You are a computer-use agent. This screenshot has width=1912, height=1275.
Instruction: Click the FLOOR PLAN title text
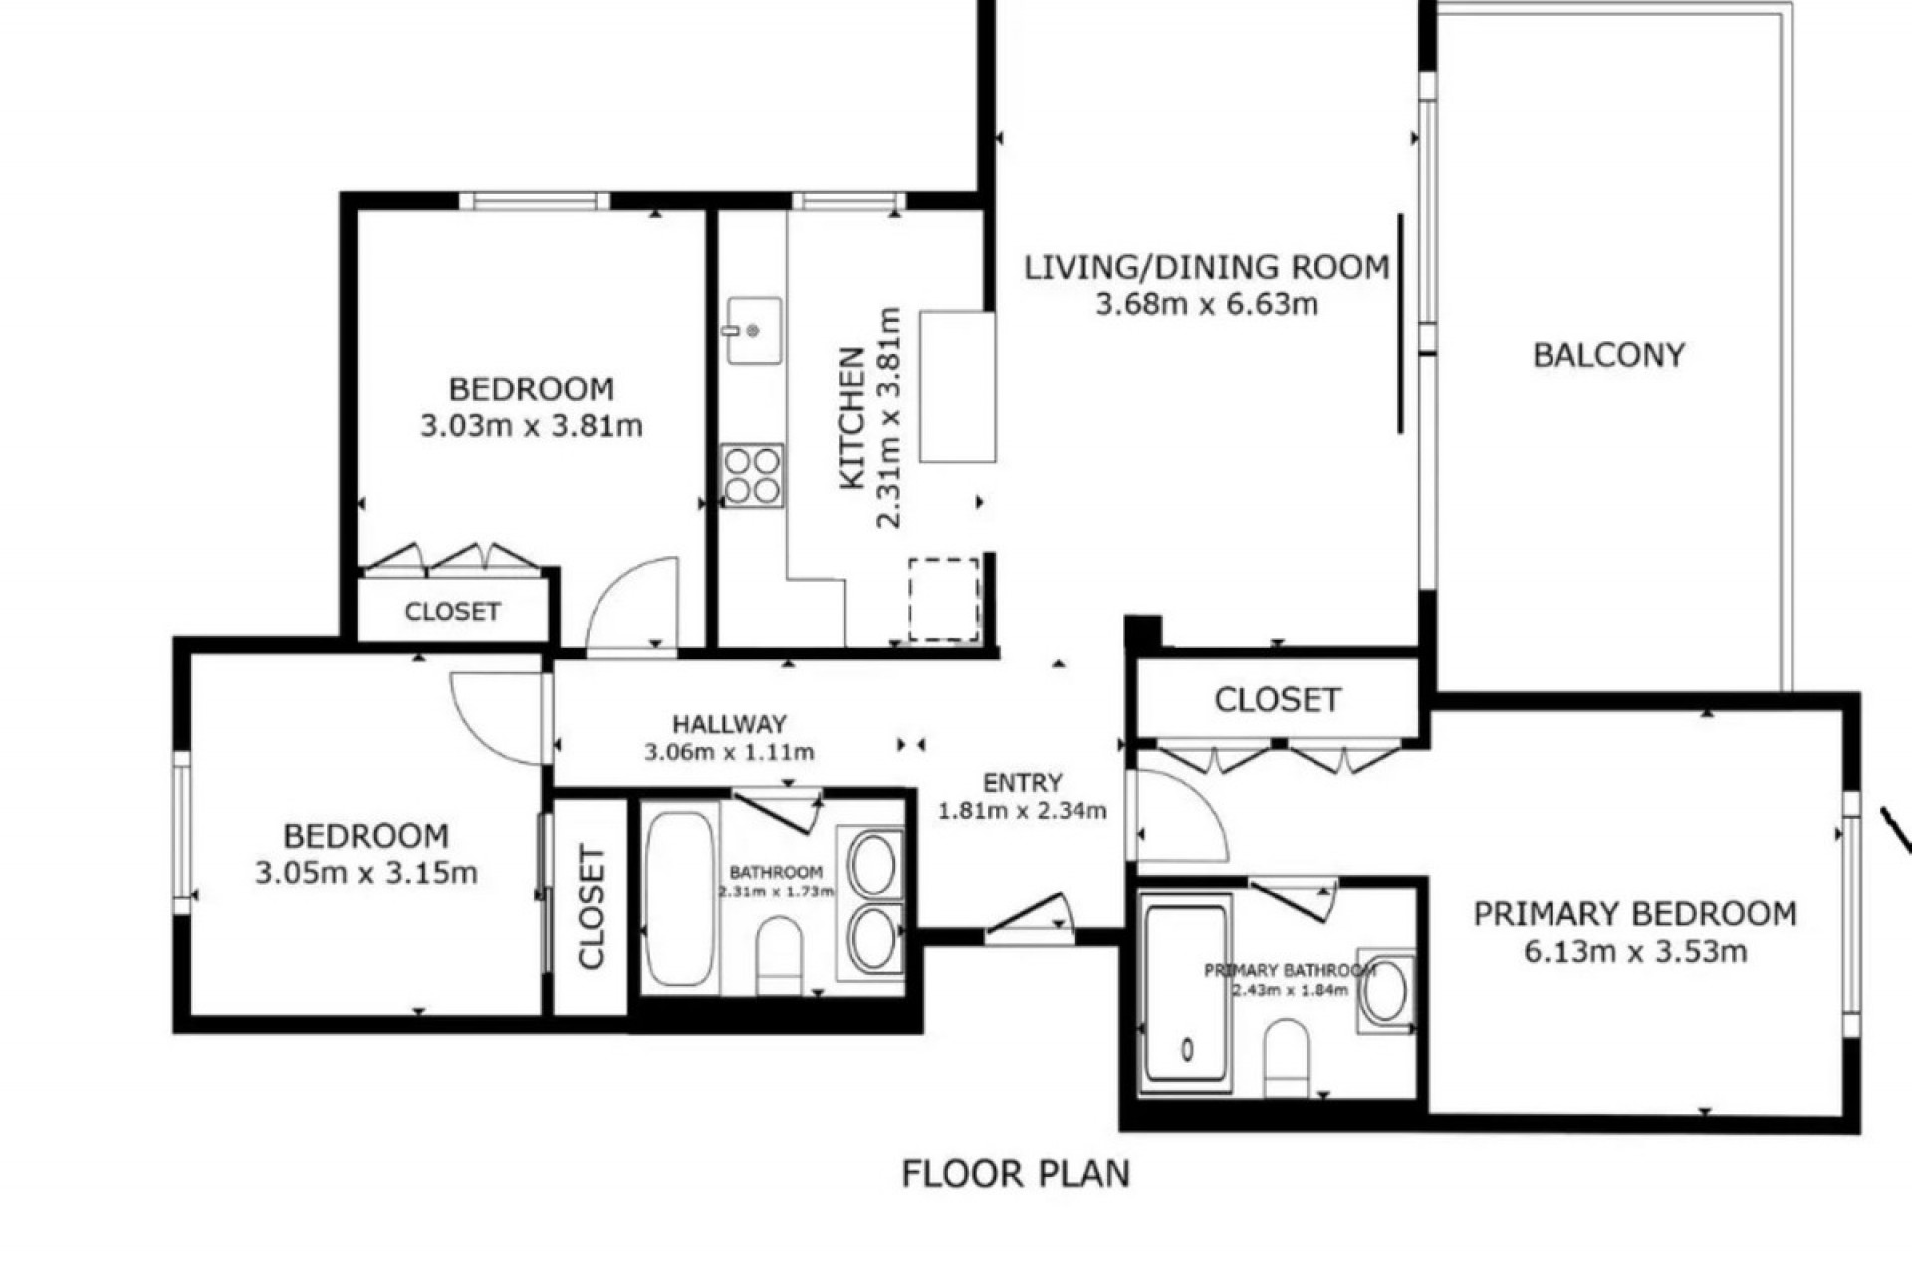1016,1173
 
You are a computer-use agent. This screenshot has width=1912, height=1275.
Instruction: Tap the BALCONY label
1608,355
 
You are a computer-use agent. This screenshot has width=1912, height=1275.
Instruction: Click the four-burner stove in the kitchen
752,476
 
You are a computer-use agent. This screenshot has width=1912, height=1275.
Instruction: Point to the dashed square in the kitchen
943,599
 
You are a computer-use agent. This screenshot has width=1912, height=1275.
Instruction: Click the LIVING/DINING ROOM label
1207,267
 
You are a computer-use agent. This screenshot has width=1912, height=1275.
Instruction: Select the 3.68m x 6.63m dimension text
1207,304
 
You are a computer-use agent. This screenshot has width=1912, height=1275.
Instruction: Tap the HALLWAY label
729,724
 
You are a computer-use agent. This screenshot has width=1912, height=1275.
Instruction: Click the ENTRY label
1023,783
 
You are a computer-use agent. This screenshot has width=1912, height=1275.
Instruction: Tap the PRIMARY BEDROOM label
1635,913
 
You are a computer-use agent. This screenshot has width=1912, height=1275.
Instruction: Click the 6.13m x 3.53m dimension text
1635,951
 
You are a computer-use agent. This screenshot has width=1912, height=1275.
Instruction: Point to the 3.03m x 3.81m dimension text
532,426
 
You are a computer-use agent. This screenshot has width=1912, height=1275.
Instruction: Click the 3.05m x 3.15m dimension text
366,873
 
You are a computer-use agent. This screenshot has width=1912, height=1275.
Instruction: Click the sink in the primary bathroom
1384,991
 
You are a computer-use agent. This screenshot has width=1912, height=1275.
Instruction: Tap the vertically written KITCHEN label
852,418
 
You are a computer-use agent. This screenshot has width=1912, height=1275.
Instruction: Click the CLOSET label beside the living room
1278,700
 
